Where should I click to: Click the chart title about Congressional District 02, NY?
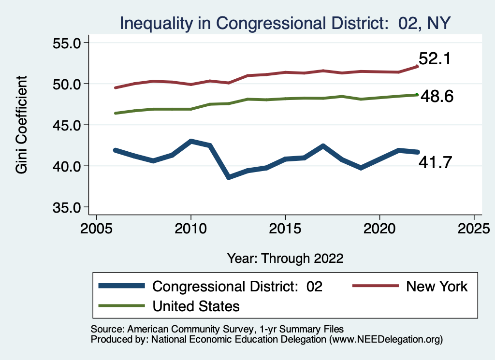tap(285, 23)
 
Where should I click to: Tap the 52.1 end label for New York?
tap(435, 59)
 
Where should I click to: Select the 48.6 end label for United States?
tap(437, 97)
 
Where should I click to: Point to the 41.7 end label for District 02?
tap(436, 163)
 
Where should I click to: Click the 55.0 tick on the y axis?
tap(66, 43)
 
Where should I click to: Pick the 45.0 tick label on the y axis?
tap(66, 125)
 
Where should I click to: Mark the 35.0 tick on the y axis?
tap(66, 207)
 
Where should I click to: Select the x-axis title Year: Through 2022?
tap(285, 258)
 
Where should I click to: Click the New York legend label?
tap(437, 287)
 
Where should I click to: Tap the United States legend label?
tap(196, 306)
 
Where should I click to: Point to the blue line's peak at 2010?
tap(191, 142)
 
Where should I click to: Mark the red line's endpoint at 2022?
tap(417, 66)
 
